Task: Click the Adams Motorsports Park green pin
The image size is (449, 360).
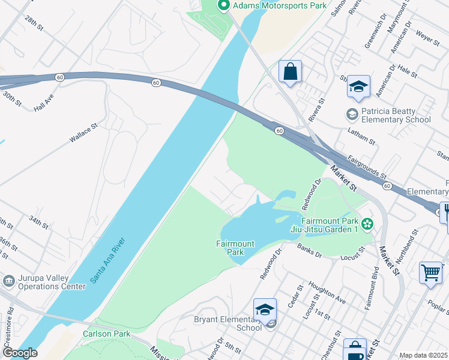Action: click(x=224, y=6)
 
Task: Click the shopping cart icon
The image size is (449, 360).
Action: click(x=431, y=273)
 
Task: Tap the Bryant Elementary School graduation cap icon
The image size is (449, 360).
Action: click(x=265, y=310)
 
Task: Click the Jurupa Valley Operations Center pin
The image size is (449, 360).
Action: click(x=9, y=281)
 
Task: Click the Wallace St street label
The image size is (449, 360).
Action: click(x=83, y=133)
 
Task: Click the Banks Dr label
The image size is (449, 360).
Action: click(x=309, y=251)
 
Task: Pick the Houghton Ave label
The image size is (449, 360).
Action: click(x=327, y=290)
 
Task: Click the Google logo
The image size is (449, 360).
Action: click(x=19, y=353)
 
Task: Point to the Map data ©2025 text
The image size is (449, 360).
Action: click(x=423, y=355)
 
